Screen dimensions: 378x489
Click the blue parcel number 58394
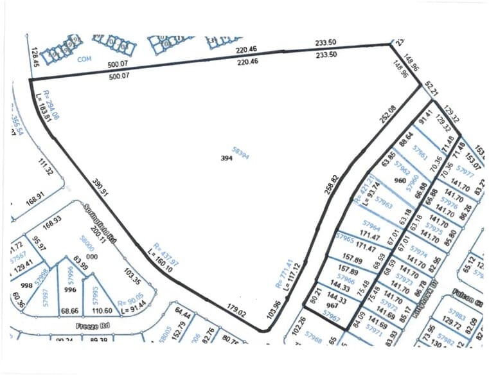239,152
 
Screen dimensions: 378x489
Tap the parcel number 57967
331,316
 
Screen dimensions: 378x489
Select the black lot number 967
332,305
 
